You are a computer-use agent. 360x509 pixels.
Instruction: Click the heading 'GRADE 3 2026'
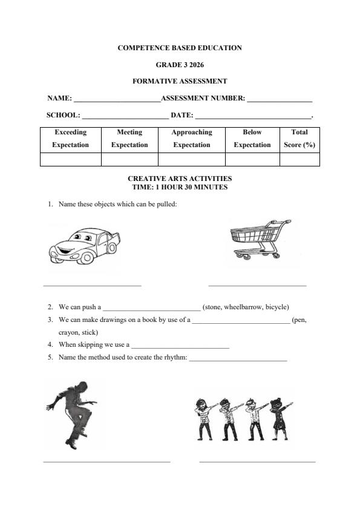point(180,64)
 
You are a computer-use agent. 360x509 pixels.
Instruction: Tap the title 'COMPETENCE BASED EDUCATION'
point(180,48)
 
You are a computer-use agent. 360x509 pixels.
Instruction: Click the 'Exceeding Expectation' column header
point(70,139)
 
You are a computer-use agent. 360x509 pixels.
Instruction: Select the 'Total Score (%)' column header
point(299,139)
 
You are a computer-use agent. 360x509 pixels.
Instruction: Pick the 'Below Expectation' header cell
point(252,139)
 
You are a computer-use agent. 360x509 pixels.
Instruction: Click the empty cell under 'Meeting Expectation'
point(129,159)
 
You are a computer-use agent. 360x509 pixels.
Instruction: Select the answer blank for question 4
point(180,347)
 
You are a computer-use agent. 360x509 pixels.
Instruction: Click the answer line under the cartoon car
point(92,284)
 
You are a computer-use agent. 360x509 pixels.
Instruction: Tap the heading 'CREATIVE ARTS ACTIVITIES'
point(180,179)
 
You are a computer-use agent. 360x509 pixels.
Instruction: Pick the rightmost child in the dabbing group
point(279,418)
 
